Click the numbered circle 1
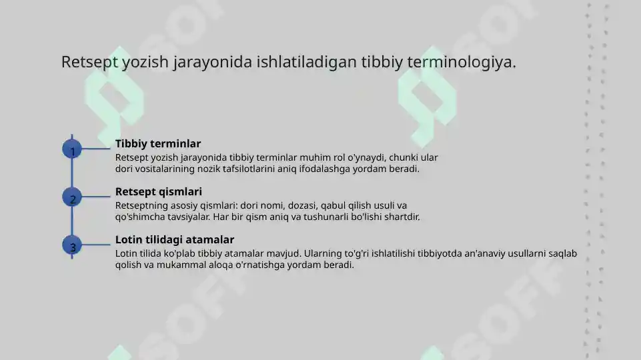click(x=72, y=150)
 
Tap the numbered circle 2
click(x=72, y=198)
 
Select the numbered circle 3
click(x=72, y=246)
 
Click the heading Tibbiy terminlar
click(x=158, y=143)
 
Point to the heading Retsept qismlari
click(x=159, y=191)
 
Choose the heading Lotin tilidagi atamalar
click(x=175, y=239)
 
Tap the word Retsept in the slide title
click(x=90, y=62)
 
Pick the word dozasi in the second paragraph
click(x=304, y=205)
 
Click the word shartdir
click(x=400, y=217)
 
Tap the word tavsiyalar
click(x=187, y=217)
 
